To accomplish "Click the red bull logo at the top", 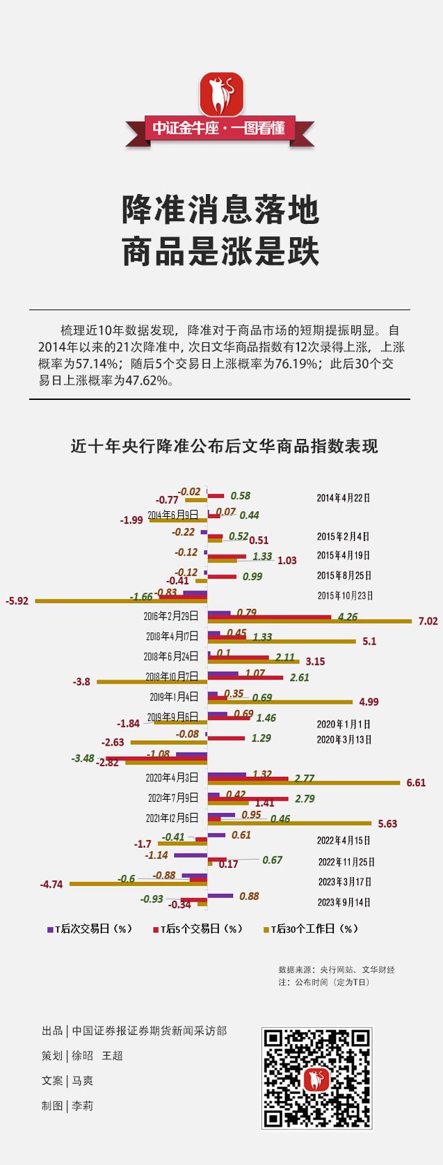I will pos(221,94).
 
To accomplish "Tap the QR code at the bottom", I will pos(316,1078).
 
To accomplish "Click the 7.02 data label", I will pos(428,621).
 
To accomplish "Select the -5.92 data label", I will pos(17,600).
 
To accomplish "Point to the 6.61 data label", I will pos(416,782).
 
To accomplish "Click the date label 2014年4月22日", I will pos(344,498).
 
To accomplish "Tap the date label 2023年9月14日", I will pos(344,902).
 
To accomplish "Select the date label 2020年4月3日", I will pos(172,778).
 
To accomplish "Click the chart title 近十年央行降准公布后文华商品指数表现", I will pos(224,447).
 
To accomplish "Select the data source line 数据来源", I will pos(337,969).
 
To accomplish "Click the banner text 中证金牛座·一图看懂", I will pos(220,129).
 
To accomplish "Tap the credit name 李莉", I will pos(83,1105).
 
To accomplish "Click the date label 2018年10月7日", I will pos(172,677).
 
